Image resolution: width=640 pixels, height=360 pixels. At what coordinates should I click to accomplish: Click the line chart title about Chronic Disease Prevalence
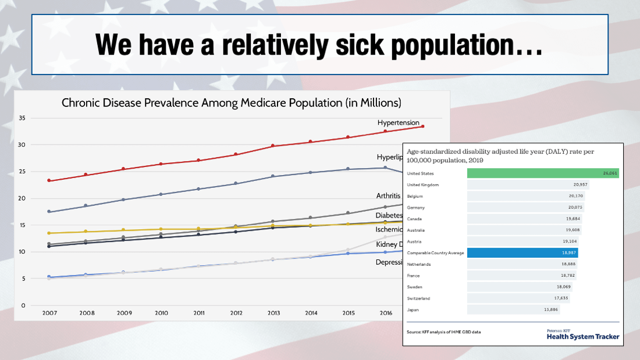(232, 104)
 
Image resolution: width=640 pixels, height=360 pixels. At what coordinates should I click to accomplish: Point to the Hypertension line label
(398, 123)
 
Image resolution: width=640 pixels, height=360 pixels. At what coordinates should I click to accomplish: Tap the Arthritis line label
(388, 195)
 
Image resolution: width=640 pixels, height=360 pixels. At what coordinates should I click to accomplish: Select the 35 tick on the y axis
(22, 118)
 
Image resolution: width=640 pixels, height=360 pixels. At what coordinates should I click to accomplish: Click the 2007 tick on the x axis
(49, 313)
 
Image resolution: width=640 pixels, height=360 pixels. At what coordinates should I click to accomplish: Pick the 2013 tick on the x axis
(273, 313)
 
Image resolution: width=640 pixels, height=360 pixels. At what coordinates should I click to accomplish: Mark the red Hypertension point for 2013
(273, 146)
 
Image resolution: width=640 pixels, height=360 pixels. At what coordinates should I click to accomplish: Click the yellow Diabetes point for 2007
(49, 233)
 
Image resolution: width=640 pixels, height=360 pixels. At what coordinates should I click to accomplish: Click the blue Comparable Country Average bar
(522, 253)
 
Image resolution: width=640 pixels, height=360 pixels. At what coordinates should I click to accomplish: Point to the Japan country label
(413, 309)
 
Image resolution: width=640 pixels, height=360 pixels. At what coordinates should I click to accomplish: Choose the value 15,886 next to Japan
(550, 309)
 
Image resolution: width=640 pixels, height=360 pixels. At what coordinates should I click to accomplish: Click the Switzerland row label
(419, 298)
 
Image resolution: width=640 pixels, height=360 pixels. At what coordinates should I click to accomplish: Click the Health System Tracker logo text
(583, 336)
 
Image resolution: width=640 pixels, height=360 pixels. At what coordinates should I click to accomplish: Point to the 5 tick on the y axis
(24, 279)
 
